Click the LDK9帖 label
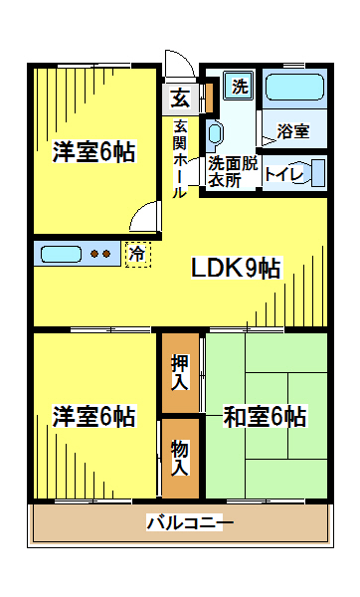236,269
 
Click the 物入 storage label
180,457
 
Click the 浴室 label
293,130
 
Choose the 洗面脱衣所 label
233,171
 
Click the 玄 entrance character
180,98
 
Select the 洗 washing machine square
240,86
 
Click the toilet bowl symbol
315,171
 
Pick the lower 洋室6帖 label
93,416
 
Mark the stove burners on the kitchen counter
102,253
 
